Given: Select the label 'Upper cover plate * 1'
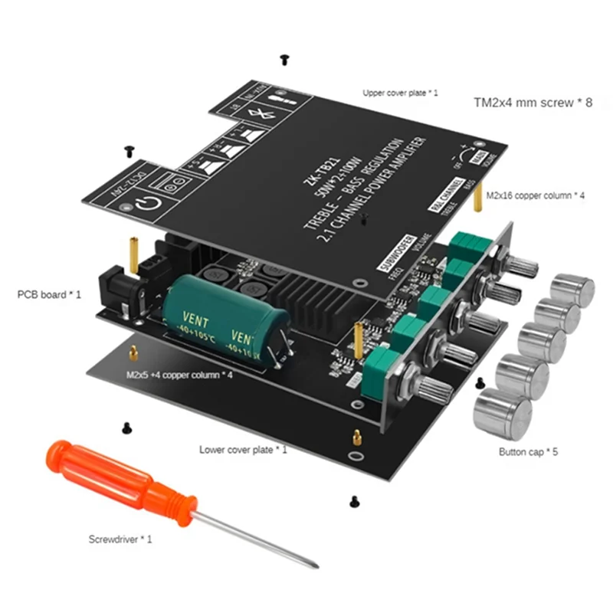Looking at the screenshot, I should click(x=400, y=93).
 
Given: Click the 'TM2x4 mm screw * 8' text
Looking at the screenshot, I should click(x=533, y=102).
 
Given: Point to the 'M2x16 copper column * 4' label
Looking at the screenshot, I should click(x=539, y=196).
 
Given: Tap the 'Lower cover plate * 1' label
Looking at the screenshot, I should click(x=243, y=450).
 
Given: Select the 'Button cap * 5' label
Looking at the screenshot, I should click(x=528, y=453).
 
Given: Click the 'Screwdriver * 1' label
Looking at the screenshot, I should click(x=120, y=539).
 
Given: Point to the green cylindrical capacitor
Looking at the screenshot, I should click(x=227, y=319).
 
